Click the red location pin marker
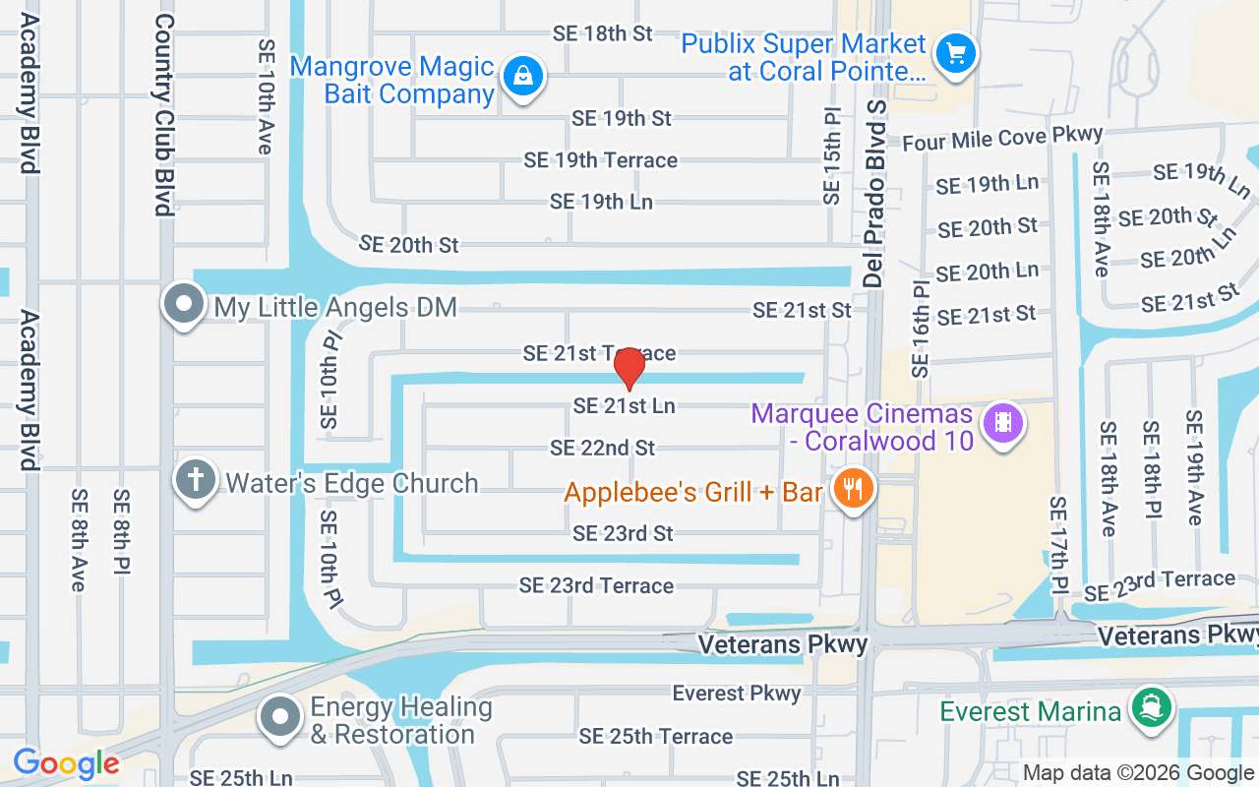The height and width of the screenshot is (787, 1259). (629, 369)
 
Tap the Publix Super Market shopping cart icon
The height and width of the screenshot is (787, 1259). (955, 52)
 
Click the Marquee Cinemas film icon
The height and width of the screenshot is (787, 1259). (1002, 424)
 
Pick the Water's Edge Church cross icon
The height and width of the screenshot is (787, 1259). (196, 481)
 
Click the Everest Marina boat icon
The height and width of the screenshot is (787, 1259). (1149, 708)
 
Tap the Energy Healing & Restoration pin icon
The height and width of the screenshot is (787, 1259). (280, 718)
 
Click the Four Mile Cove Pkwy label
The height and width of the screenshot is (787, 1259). (1002, 139)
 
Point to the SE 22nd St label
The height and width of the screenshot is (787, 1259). (602, 449)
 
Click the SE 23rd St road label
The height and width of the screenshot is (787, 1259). (623, 533)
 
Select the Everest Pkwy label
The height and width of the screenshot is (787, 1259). (737, 694)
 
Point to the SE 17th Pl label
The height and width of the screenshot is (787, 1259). (1058, 544)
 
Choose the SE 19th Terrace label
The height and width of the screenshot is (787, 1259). (600, 159)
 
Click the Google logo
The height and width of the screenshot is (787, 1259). (66, 762)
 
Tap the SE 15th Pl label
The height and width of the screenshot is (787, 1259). (833, 157)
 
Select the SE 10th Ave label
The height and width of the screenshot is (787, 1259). (265, 96)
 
